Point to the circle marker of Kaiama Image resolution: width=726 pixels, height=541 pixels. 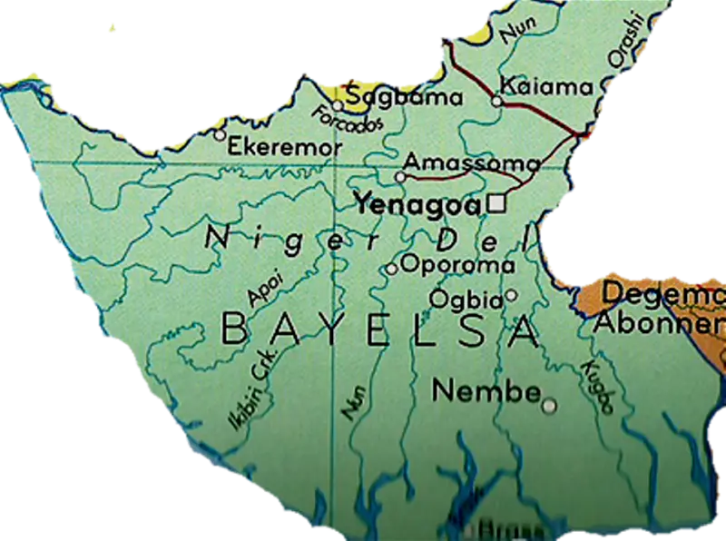tap(496, 101)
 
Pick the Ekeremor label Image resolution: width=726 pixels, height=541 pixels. tap(285, 146)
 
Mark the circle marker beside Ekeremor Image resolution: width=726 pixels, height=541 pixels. tap(220, 134)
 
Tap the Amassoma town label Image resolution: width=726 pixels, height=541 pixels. tap(471, 162)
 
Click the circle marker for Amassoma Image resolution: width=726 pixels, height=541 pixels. tap(400, 175)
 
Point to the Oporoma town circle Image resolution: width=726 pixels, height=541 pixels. tap(391, 269)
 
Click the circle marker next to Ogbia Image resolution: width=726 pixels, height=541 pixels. tap(511, 295)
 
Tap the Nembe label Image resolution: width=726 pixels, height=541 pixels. tap(486, 391)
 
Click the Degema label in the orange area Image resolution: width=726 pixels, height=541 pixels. tap(662, 293)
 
